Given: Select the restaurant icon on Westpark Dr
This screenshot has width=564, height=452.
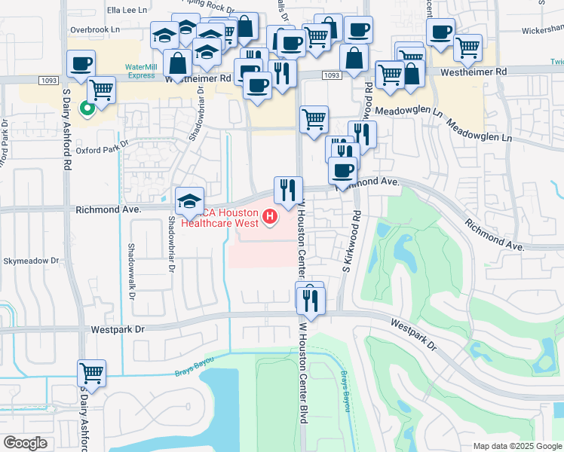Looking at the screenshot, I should [x=311, y=301].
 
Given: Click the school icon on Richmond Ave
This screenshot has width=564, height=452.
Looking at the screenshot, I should [x=190, y=201].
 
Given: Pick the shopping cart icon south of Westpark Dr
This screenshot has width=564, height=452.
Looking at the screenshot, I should [x=91, y=373].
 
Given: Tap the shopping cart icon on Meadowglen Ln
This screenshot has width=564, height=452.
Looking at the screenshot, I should [x=314, y=119].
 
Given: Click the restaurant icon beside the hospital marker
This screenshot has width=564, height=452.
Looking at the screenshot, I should [x=287, y=191].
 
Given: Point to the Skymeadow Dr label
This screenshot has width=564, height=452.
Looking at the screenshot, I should [x=31, y=260].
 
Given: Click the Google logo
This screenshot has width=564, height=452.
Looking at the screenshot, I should [x=26, y=442].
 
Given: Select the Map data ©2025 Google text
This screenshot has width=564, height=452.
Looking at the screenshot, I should [x=516, y=446].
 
